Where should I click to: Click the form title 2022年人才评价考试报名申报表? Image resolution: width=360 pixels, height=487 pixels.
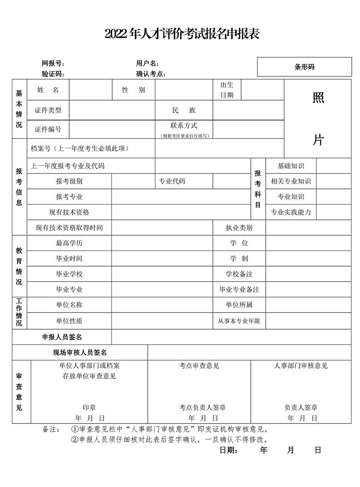pyautogui.click(x=182, y=34)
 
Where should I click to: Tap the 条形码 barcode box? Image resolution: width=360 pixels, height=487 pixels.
pyautogui.click(x=304, y=67)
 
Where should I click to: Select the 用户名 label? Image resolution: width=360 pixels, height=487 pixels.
pyautogui.click(x=147, y=63)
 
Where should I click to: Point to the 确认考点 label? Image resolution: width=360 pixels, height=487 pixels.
pyautogui.click(x=150, y=74)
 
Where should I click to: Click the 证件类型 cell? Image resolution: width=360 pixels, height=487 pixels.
pyautogui.click(x=48, y=110)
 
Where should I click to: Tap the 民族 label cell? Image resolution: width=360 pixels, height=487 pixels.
pyautogui.click(x=184, y=110)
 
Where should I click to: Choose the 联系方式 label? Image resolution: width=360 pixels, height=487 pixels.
pyautogui.click(x=184, y=126)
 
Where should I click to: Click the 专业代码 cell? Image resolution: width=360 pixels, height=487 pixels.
pyautogui.click(x=172, y=182)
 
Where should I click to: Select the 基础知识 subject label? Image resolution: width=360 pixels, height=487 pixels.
pyautogui.click(x=291, y=166)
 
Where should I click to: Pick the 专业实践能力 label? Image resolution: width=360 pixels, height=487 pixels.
pyautogui.click(x=291, y=212)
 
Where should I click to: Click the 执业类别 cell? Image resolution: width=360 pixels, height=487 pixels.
pyautogui.click(x=239, y=228)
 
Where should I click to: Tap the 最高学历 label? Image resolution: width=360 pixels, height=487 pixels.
pyautogui.click(x=69, y=243)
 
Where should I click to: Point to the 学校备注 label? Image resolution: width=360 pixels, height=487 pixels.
pyautogui.click(x=239, y=274)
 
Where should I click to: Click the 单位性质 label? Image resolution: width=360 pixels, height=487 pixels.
pyautogui.click(x=69, y=321)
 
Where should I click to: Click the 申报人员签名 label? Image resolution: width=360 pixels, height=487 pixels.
pyautogui.click(x=62, y=337)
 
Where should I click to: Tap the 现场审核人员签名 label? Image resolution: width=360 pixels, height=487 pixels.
pyautogui.click(x=80, y=353)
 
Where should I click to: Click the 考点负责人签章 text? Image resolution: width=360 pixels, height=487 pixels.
pyautogui.click(x=202, y=407)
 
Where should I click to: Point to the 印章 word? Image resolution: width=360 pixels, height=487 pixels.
pyautogui.click(x=89, y=407)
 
